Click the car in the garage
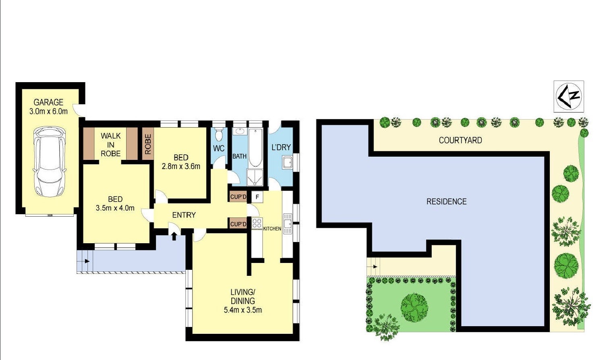[50, 162]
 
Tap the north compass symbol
[568, 96]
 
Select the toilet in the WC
[219, 134]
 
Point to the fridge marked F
[257, 197]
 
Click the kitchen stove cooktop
[257, 223]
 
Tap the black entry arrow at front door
[174, 236]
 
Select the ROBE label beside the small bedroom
[148, 144]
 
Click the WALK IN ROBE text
[110, 145]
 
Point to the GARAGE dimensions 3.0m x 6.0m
[48, 111]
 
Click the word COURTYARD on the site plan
[460, 140]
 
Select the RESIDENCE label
[446, 201]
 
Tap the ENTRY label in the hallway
[184, 215]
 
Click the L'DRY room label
[281, 147]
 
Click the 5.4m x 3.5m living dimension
[243, 310]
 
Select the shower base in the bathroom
[255, 178]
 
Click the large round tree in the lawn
[415, 307]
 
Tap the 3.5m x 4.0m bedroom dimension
[115, 208]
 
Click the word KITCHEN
[272, 229]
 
